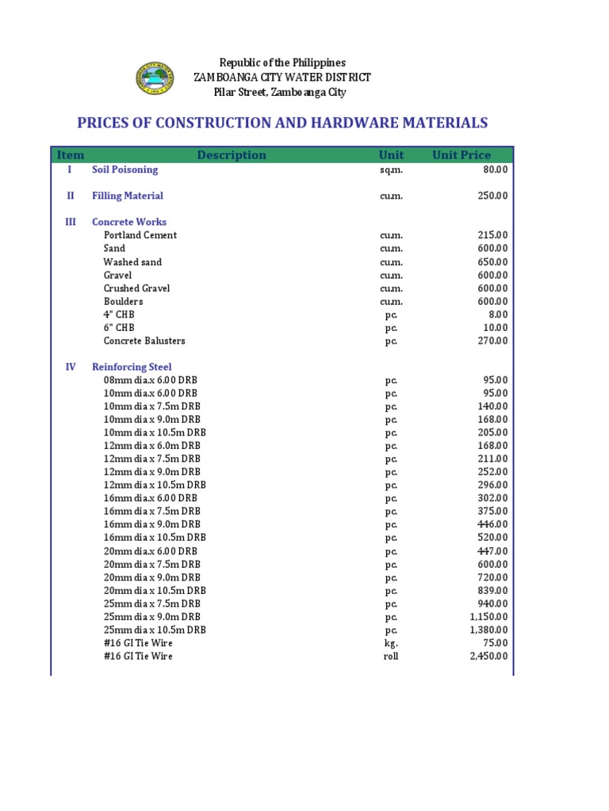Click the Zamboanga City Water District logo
coord(156,78)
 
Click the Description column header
coord(232,155)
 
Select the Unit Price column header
coord(461,155)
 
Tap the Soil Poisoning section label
coord(124,169)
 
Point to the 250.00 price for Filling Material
coord(492,196)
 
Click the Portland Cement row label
coord(140,235)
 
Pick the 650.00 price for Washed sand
coord(492,262)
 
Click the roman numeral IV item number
coord(71,367)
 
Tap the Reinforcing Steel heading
coord(132,367)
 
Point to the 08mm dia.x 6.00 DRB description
coord(151,380)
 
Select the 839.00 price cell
coord(492,591)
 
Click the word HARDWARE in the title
coord(338,123)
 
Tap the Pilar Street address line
coord(280,93)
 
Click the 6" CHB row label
coord(119,328)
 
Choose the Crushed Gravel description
coord(136,288)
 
